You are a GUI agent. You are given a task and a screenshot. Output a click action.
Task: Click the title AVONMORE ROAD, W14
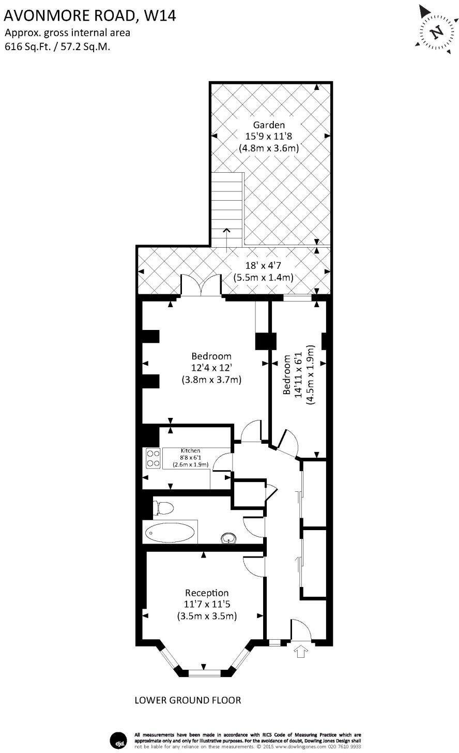[90, 16]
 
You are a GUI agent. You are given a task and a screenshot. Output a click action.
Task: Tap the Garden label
[268, 125]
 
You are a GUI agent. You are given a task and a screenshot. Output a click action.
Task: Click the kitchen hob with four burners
[154, 458]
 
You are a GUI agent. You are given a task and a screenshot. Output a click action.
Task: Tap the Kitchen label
[190, 450]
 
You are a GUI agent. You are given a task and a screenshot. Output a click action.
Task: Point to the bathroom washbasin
[227, 538]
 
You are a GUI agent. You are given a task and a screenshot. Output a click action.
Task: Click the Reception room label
[207, 593]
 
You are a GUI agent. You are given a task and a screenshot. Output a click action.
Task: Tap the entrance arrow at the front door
[300, 651]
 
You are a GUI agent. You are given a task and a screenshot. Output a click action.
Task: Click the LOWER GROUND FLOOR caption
[188, 700]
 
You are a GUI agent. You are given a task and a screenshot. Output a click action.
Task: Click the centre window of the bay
[204, 673]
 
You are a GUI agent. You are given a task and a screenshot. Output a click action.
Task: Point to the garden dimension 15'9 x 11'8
[268, 137]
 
